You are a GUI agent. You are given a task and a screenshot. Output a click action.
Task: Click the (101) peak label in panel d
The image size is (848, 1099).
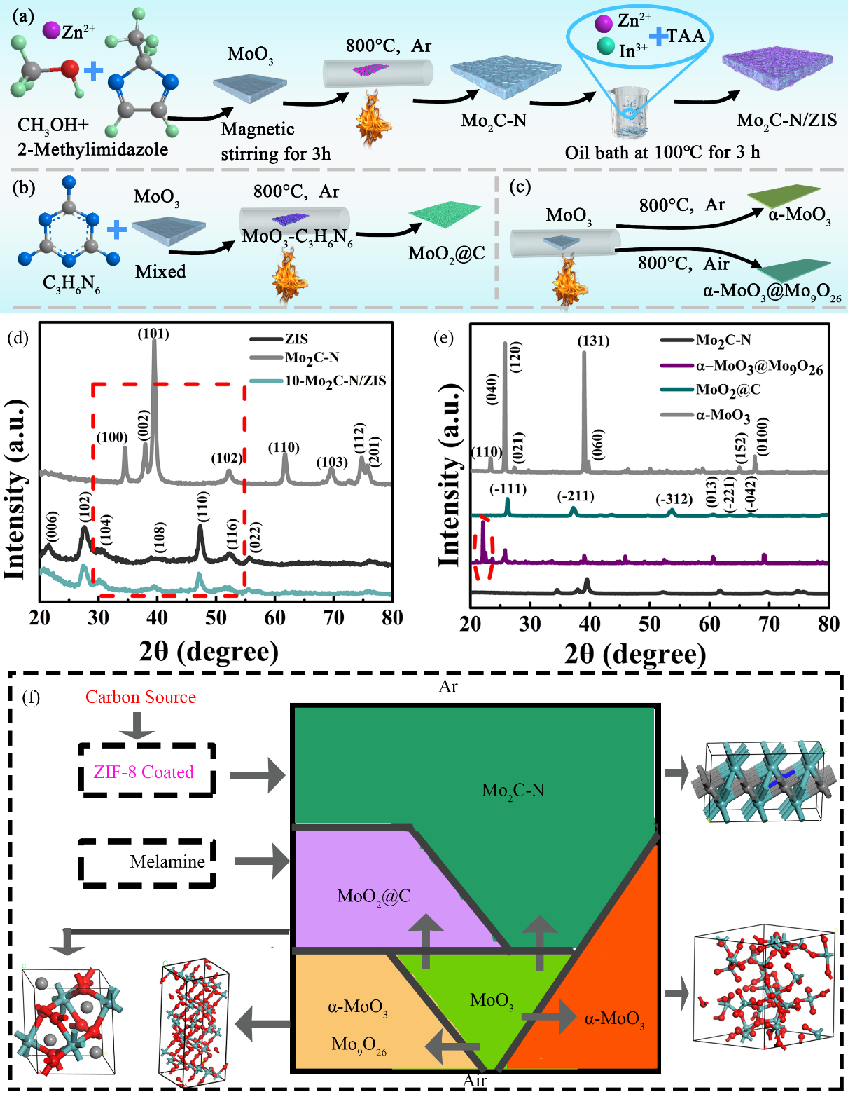click(x=153, y=334)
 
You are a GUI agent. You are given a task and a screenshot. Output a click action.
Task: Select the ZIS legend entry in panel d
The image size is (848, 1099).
click(x=296, y=339)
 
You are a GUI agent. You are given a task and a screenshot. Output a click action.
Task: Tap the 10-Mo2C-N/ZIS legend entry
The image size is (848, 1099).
click(x=335, y=381)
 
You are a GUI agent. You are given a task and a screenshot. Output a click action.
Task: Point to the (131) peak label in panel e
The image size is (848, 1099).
click(x=593, y=341)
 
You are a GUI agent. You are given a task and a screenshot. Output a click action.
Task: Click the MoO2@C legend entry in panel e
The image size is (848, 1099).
click(x=728, y=390)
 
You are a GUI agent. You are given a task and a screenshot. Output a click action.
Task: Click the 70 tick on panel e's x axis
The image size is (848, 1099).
click(x=769, y=624)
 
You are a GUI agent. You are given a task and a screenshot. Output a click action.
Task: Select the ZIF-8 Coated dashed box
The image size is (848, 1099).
click(x=145, y=772)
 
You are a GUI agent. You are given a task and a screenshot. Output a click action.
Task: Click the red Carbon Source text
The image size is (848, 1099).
click(x=141, y=697)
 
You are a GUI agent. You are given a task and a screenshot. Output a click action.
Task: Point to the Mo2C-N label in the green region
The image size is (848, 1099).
click(x=513, y=791)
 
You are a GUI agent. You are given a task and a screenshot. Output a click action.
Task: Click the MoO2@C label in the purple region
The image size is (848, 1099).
click(x=373, y=896)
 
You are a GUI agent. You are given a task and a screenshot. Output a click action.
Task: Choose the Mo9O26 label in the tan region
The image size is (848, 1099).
click(x=359, y=1046)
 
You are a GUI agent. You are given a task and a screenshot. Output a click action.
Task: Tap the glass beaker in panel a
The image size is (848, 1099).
click(x=632, y=112)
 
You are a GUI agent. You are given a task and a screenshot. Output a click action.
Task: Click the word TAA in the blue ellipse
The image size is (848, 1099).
click(x=685, y=37)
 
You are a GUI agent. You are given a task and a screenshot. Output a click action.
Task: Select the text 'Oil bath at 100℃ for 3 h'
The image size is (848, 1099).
click(x=662, y=152)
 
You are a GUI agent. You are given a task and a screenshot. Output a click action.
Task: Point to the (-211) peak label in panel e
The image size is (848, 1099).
click(x=576, y=497)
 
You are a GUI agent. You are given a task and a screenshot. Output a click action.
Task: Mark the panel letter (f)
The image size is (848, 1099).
click(x=31, y=697)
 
